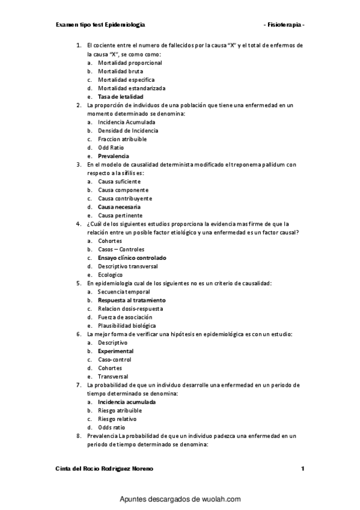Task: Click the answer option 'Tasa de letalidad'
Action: pyautogui.click(x=121, y=96)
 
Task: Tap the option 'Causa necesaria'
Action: pyautogui.click(x=120, y=207)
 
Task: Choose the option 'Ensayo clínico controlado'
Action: pyautogui.click(x=132, y=257)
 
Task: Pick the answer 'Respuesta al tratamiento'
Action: pyautogui.click(x=132, y=300)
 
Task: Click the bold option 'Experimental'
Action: pyautogui.click(x=115, y=351)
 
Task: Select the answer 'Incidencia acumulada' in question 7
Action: pyautogui.click(x=127, y=402)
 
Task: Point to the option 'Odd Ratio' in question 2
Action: pyautogui.click(x=111, y=147)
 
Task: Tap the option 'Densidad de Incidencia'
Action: pyautogui.click(x=128, y=131)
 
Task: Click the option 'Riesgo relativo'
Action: pyautogui.click(x=117, y=419)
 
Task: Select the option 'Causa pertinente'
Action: pyautogui.click(x=120, y=215)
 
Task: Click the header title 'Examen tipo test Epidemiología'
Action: pyautogui.click(x=100, y=25)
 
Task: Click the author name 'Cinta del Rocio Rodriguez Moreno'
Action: pyautogui.click(x=104, y=469)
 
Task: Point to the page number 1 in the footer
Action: pyautogui.click(x=303, y=469)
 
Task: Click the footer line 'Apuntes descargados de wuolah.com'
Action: pyautogui.click(x=180, y=499)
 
